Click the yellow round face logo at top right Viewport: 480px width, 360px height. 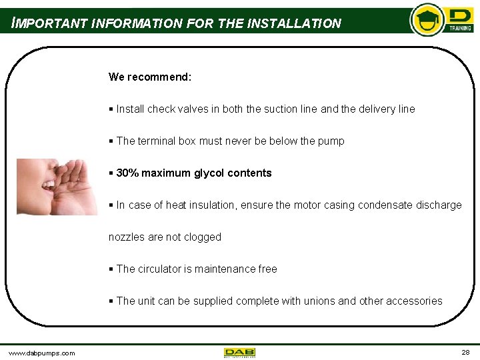tap(426, 19)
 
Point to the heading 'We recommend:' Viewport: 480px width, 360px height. tap(150, 77)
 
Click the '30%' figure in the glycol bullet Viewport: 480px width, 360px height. tap(127, 173)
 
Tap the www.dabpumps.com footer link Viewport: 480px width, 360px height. tap(41, 353)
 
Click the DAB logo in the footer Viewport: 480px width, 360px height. tap(239, 352)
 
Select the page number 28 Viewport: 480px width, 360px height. tap(465, 352)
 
